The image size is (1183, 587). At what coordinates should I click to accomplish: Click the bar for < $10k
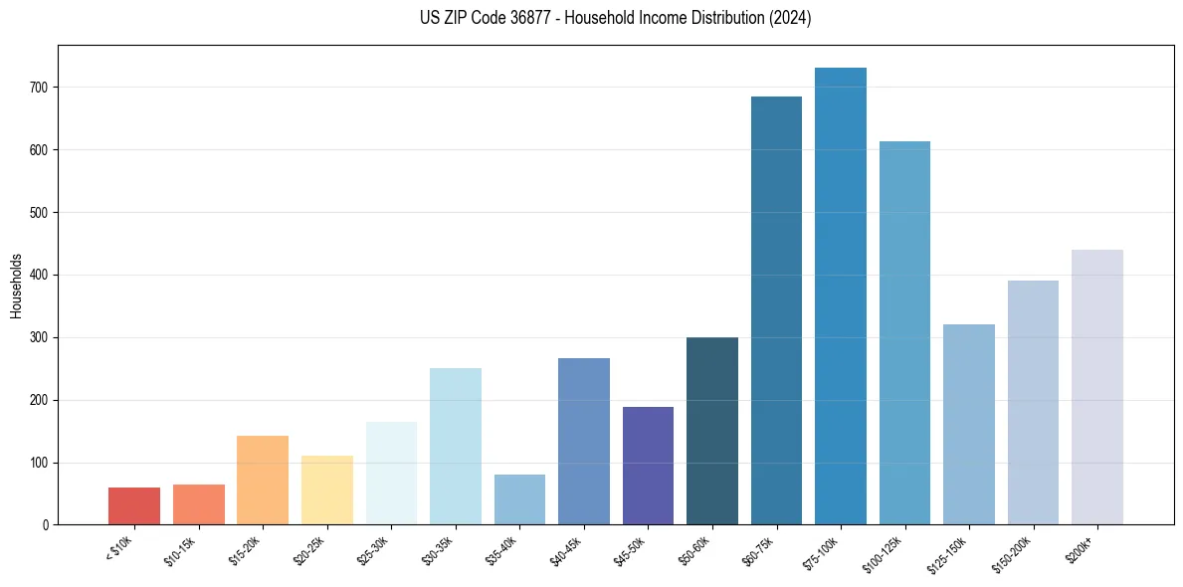pyautogui.click(x=134, y=505)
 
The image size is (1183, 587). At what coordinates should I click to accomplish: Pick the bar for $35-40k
pyautogui.click(x=519, y=499)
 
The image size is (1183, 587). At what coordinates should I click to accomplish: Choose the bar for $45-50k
pyautogui.click(x=648, y=466)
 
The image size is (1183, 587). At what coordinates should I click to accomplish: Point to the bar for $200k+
pyautogui.click(x=1097, y=387)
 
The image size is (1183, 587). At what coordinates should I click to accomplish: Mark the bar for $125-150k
pyautogui.click(x=969, y=424)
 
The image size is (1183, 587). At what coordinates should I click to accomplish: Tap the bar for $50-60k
pyautogui.click(x=712, y=431)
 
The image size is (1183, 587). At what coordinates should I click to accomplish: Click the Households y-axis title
pyautogui.click(x=16, y=285)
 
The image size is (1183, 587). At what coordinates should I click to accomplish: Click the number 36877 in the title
pyautogui.click(x=521, y=18)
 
